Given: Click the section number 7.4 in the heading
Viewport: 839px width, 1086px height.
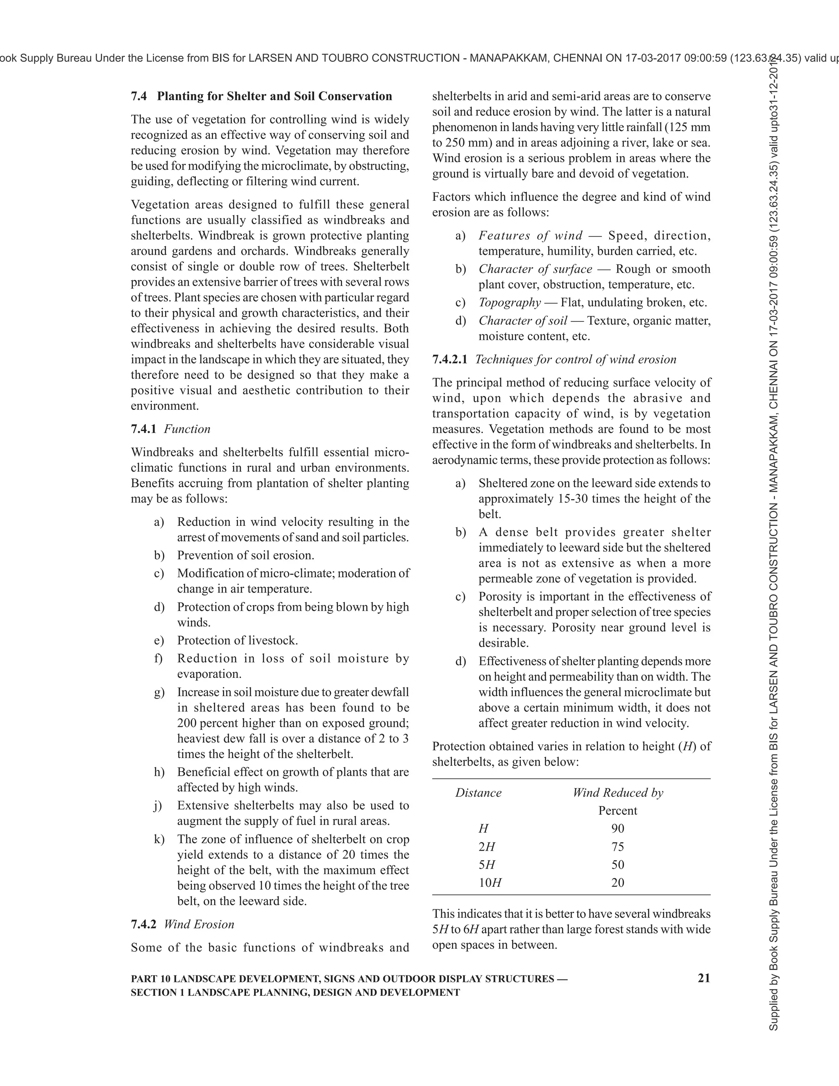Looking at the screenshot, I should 139,96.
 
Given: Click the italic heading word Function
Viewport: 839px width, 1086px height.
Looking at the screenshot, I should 187,429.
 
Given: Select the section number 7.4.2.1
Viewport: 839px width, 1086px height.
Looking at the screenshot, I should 450,359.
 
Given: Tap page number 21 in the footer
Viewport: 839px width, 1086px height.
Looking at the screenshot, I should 704,978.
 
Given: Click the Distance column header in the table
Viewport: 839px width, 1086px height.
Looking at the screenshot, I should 478,793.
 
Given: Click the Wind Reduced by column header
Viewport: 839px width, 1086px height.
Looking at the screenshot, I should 618,793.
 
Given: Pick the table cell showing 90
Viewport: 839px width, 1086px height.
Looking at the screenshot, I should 618,828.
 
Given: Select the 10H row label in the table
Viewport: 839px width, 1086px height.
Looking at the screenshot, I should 490,883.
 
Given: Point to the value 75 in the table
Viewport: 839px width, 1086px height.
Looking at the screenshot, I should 618,847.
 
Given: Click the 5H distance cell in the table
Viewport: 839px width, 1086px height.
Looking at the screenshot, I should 487,865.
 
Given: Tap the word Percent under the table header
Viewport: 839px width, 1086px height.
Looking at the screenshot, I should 618,811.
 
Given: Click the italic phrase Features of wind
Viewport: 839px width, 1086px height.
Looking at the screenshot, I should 531,236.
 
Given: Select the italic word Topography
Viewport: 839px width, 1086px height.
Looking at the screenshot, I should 510,302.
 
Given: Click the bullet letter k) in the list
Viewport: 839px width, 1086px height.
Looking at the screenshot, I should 159,839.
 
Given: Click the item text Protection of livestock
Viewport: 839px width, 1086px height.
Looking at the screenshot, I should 238,641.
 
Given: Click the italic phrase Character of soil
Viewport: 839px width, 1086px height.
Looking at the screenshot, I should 522,321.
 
